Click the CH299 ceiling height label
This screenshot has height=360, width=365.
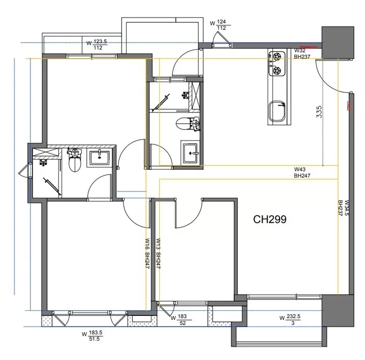[270, 219]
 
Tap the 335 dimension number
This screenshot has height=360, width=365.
[319, 112]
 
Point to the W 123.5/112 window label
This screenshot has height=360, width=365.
[97, 45]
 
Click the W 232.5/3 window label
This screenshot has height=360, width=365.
[290, 320]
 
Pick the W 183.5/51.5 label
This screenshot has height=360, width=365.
[92, 336]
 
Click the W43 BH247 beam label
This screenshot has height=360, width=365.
[302, 172]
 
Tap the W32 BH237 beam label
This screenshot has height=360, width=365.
[302, 54]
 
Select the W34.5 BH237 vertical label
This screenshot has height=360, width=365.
[344, 208]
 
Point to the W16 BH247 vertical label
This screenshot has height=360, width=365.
[148, 254]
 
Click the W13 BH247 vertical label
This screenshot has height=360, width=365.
[159, 254]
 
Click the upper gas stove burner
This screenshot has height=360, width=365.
[277, 56]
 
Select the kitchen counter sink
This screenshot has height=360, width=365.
[277, 111]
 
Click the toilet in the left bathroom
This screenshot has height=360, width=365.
[75, 160]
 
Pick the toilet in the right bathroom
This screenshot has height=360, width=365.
[188, 124]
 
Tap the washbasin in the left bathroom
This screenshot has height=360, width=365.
[99, 158]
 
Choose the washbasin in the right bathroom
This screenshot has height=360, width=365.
[191, 153]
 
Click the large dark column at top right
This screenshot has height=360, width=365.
[338, 43]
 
